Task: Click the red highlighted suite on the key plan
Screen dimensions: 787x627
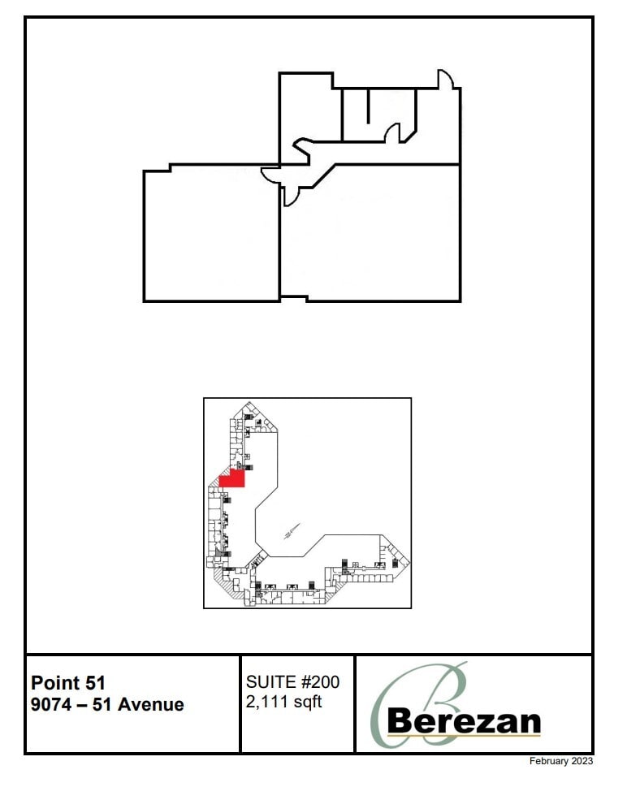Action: pyautogui.click(x=233, y=478)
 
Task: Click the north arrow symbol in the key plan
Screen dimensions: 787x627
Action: pyautogui.click(x=288, y=534)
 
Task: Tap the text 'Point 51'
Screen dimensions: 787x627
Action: pyautogui.click(x=68, y=683)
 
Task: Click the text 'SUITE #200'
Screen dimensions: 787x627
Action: pyautogui.click(x=292, y=682)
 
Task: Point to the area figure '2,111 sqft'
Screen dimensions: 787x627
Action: pyautogui.click(x=283, y=702)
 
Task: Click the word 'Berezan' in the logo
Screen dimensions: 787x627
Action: pyautogui.click(x=464, y=720)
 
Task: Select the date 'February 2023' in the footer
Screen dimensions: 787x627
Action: pyautogui.click(x=561, y=761)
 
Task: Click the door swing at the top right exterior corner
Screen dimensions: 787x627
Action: pyautogui.click(x=447, y=80)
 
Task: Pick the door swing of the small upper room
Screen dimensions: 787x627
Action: pyautogui.click(x=392, y=133)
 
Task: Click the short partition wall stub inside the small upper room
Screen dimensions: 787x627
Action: pyautogui.click(x=369, y=106)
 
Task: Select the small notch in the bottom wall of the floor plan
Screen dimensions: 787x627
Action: pyautogui.click(x=293, y=298)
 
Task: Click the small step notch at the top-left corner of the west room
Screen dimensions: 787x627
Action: pyautogui.click(x=169, y=167)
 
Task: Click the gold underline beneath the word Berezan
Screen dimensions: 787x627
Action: pyautogui.click(x=464, y=736)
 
